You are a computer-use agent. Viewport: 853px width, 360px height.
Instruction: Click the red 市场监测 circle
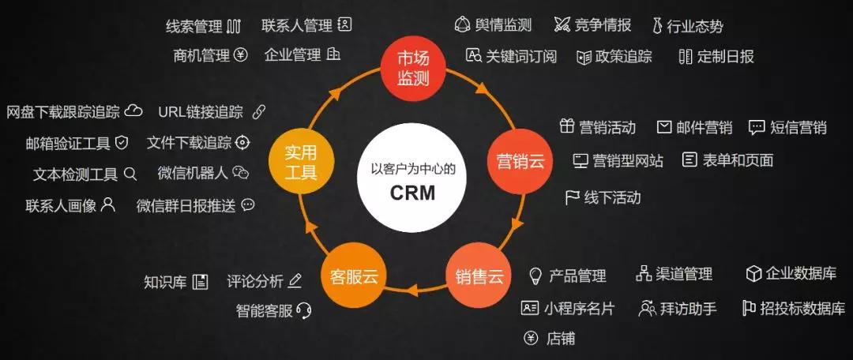tap(413, 69)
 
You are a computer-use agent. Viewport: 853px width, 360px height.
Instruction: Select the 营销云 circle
tap(519, 162)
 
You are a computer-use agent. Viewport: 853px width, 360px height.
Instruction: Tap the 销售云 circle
tap(479, 276)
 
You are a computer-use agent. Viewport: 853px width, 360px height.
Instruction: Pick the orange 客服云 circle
tap(354, 276)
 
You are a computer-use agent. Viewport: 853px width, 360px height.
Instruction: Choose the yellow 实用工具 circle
tap(302, 162)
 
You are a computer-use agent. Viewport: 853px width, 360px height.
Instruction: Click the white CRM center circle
tap(413, 180)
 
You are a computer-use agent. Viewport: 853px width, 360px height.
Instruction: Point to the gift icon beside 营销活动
tap(567, 126)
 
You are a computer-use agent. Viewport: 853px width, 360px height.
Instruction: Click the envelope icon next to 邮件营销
tap(664, 126)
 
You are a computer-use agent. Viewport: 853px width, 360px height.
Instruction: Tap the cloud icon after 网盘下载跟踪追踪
tap(133, 111)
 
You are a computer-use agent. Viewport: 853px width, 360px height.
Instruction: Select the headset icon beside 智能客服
tap(303, 310)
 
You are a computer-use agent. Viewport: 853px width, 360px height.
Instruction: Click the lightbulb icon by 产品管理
tap(535, 276)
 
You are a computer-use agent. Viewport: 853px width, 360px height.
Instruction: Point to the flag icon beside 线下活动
tap(572, 197)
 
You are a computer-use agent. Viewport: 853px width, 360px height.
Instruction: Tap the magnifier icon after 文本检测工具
tap(130, 174)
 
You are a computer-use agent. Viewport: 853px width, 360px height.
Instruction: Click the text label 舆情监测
tap(503, 25)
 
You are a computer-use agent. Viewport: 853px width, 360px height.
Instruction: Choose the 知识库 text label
tap(165, 282)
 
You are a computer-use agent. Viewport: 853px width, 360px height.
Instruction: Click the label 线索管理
tap(194, 26)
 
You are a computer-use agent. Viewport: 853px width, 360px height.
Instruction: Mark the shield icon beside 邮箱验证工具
tap(122, 142)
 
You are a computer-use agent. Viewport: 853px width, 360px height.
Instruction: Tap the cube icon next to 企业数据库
tap(753, 274)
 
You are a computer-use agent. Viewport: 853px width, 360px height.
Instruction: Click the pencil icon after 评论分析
tap(295, 280)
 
